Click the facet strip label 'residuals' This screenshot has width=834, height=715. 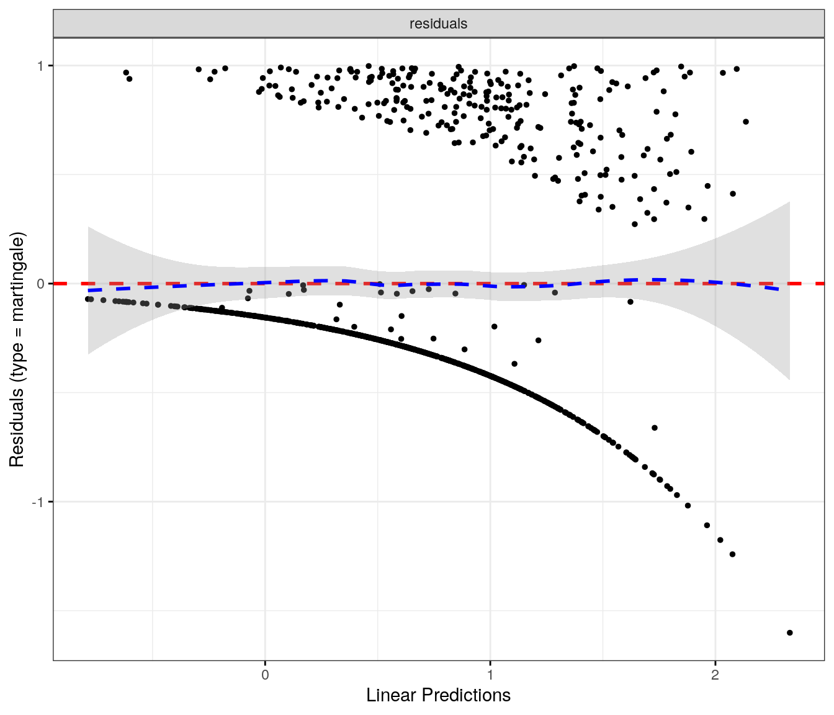(438, 24)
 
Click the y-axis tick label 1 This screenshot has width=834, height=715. (41, 66)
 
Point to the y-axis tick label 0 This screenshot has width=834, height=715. (41, 284)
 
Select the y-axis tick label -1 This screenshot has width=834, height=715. (38, 502)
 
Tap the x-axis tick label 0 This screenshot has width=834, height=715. (265, 675)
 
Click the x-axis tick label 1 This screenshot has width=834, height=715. (490, 675)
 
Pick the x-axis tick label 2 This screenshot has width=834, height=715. (715, 675)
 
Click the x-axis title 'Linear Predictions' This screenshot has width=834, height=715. (438, 695)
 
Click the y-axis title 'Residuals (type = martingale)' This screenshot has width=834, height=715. (17, 349)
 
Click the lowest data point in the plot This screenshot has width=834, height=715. (789, 632)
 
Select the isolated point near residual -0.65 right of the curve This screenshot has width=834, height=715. (654, 428)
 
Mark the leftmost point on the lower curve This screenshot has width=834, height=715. (88, 299)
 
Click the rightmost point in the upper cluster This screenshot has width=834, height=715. (746, 122)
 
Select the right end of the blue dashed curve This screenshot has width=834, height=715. (779, 289)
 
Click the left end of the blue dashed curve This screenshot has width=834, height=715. (89, 290)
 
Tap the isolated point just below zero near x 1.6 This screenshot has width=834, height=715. (630, 302)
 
